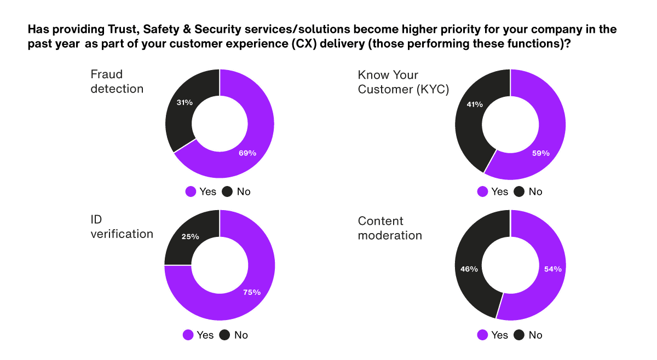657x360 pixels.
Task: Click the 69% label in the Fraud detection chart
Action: [x=247, y=153]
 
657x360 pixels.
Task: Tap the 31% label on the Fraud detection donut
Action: [x=184, y=102]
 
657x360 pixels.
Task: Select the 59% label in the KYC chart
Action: [x=540, y=153]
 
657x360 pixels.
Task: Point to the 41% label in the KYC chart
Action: [x=474, y=104]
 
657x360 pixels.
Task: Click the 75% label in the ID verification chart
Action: [x=252, y=292]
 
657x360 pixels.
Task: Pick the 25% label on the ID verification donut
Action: [x=190, y=237]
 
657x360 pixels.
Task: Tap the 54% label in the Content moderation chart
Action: [x=553, y=269]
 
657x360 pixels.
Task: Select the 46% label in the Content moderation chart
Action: [x=469, y=269]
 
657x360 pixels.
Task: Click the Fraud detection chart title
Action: [x=117, y=81]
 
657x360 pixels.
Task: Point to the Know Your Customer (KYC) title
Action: [x=403, y=82]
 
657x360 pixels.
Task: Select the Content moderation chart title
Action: [x=389, y=228]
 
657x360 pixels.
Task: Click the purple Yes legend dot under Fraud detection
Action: [x=191, y=191]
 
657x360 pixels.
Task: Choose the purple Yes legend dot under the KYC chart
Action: [x=483, y=191]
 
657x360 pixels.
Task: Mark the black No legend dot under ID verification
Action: [x=224, y=335]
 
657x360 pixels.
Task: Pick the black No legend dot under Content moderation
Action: [x=518, y=335]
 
